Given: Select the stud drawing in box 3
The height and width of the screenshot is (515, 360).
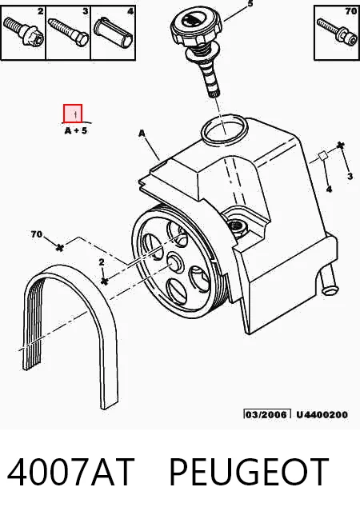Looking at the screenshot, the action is (x=68, y=31).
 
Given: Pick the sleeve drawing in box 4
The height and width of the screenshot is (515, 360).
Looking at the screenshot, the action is (x=114, y=31).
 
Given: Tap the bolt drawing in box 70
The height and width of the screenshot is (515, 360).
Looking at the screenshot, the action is (x=337, y=31).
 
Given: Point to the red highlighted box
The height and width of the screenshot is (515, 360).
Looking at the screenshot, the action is (x=73, y=114).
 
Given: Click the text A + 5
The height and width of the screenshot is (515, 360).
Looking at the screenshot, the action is (x=76, y=130).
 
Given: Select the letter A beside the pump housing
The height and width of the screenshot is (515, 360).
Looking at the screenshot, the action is (x=142, y=134).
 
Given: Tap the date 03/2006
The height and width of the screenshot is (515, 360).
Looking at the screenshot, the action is (x=267, y=414).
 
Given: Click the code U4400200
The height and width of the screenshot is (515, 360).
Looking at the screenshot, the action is (x=322, y=415).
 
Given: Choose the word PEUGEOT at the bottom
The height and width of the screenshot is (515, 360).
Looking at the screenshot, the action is (x=248, y=472).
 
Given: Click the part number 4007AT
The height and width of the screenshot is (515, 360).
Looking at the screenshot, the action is (x=71, y=472).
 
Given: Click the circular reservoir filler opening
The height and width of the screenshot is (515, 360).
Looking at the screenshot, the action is (x=224, y=129).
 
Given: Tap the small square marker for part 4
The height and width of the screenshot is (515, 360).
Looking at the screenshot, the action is (x=323, y=156).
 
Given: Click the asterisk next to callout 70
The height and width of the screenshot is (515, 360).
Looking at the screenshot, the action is (x=59, y=247).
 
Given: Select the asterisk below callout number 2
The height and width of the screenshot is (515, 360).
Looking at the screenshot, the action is (x=104, y=281).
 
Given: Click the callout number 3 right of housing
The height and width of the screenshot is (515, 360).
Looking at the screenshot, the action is (x=350, y=177).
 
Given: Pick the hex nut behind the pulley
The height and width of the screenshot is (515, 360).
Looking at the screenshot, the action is (x=237, y=226).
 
